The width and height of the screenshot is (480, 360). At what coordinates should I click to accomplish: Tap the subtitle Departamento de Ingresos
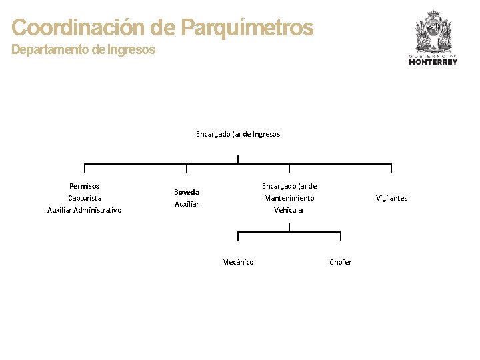pyautogui.click(x=83, y=49)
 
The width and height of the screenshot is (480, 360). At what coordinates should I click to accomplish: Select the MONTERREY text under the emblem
pyautogui.click(x=433, y=62)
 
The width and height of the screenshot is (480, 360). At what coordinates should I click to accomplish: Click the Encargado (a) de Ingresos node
pyautogui.click(x=238, y=134)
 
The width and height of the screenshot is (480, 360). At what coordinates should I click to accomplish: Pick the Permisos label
pyautogui.click(x=85, y=186)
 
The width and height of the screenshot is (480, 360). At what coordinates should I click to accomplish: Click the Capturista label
pyautogui.click(x=85, y=198)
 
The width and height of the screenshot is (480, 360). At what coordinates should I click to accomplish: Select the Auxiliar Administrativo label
pyautogui.click(x=85, y=210)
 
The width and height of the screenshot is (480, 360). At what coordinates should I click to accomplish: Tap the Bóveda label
pyautogui.click(x=187, y=192)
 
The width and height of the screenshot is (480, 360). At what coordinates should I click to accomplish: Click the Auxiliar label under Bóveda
pyautogui.click(x=187, y=204)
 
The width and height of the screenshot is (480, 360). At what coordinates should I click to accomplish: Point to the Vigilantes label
pyautogui.click(x=391, y=198)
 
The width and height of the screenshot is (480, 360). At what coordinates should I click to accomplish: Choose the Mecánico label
pyautogui.click(x=238, y=262)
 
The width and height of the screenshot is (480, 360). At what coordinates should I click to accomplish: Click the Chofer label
pyautogui.click(x=341, y=262)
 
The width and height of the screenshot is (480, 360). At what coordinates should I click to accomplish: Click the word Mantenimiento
pyautogui.click(x=289, y=198)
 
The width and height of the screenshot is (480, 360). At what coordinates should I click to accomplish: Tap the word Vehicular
pyautogui.click(x=289, y=210)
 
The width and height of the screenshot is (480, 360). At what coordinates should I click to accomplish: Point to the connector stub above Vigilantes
pyautogui.click(x=391, y=168)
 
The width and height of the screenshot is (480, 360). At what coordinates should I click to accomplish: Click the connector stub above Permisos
pyautogui.click(x=85, y=168)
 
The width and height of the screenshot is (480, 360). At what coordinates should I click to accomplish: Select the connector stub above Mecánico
pyautogui.click(x=238, y=236)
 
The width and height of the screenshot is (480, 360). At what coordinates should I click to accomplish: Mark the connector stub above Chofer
pyautogui.click(x=341, y=236)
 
